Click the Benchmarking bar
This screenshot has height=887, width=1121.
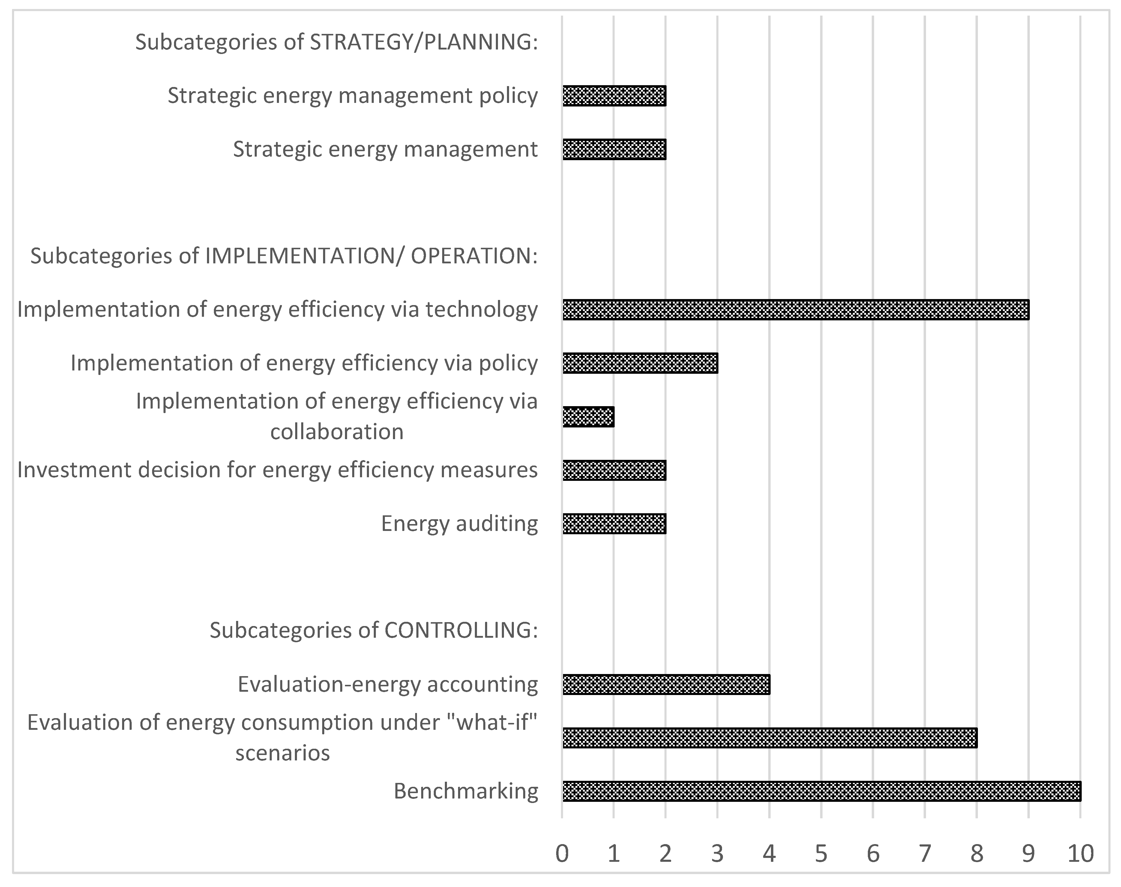(821, 791)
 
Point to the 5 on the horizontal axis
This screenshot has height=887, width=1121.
(821, 853)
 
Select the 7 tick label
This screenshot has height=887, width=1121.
(925, 853)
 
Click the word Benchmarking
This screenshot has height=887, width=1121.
(466, 791)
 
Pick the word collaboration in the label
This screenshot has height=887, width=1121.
(337, 432)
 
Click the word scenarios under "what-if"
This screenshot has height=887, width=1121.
(283, 753)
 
